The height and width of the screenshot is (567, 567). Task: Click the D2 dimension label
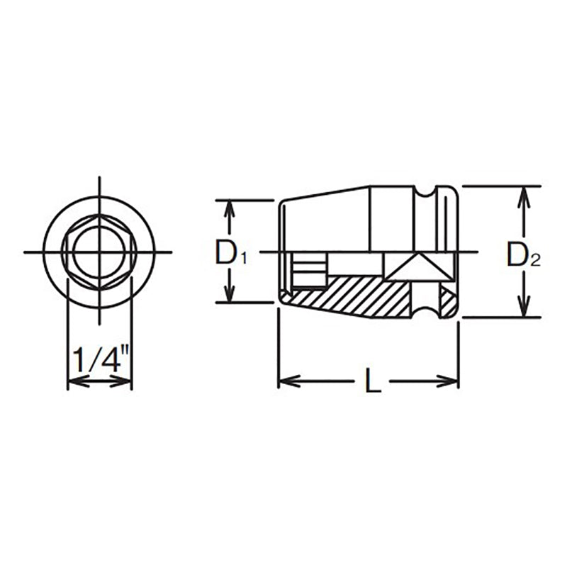tap(523, 255)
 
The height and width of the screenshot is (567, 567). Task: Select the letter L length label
tap(373, 383)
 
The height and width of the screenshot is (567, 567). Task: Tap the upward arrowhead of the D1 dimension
tap(229, 208)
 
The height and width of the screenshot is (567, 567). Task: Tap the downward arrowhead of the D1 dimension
tap(229, 296)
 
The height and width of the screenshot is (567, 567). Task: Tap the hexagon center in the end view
tap(99, 252)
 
